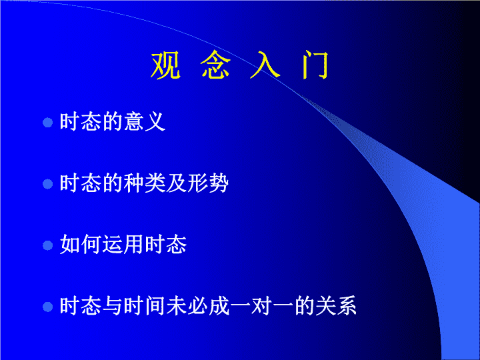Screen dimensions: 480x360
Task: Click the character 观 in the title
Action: [165, 65]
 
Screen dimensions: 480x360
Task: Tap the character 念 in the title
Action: [215, 65]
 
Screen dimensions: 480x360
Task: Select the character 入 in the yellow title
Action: [265, 65]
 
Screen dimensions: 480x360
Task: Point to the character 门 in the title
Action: [315, 65]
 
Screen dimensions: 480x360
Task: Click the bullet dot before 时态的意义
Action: [48, 123]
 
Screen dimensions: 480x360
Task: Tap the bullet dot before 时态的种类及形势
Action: [48, 184]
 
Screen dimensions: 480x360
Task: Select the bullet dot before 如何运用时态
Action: [48, 245]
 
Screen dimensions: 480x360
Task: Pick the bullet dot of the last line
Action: [48, 307]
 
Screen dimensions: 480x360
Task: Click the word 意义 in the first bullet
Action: [145, 122]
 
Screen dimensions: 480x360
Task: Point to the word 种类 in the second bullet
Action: [145, 183]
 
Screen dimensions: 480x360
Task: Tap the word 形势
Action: [208, 183]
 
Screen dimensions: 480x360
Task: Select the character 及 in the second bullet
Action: [176, 183]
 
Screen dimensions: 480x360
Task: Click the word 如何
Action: [81, 244]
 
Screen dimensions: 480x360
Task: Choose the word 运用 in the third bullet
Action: [123, 244]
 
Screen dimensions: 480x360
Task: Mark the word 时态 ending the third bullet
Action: [165, 244]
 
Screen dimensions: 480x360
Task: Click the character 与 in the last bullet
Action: [113, 306]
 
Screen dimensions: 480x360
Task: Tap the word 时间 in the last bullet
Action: [145, 306]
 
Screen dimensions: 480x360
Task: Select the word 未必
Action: [187, 306]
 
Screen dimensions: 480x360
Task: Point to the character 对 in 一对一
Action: [261, 306]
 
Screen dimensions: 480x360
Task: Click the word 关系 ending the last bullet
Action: [336, 306]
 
